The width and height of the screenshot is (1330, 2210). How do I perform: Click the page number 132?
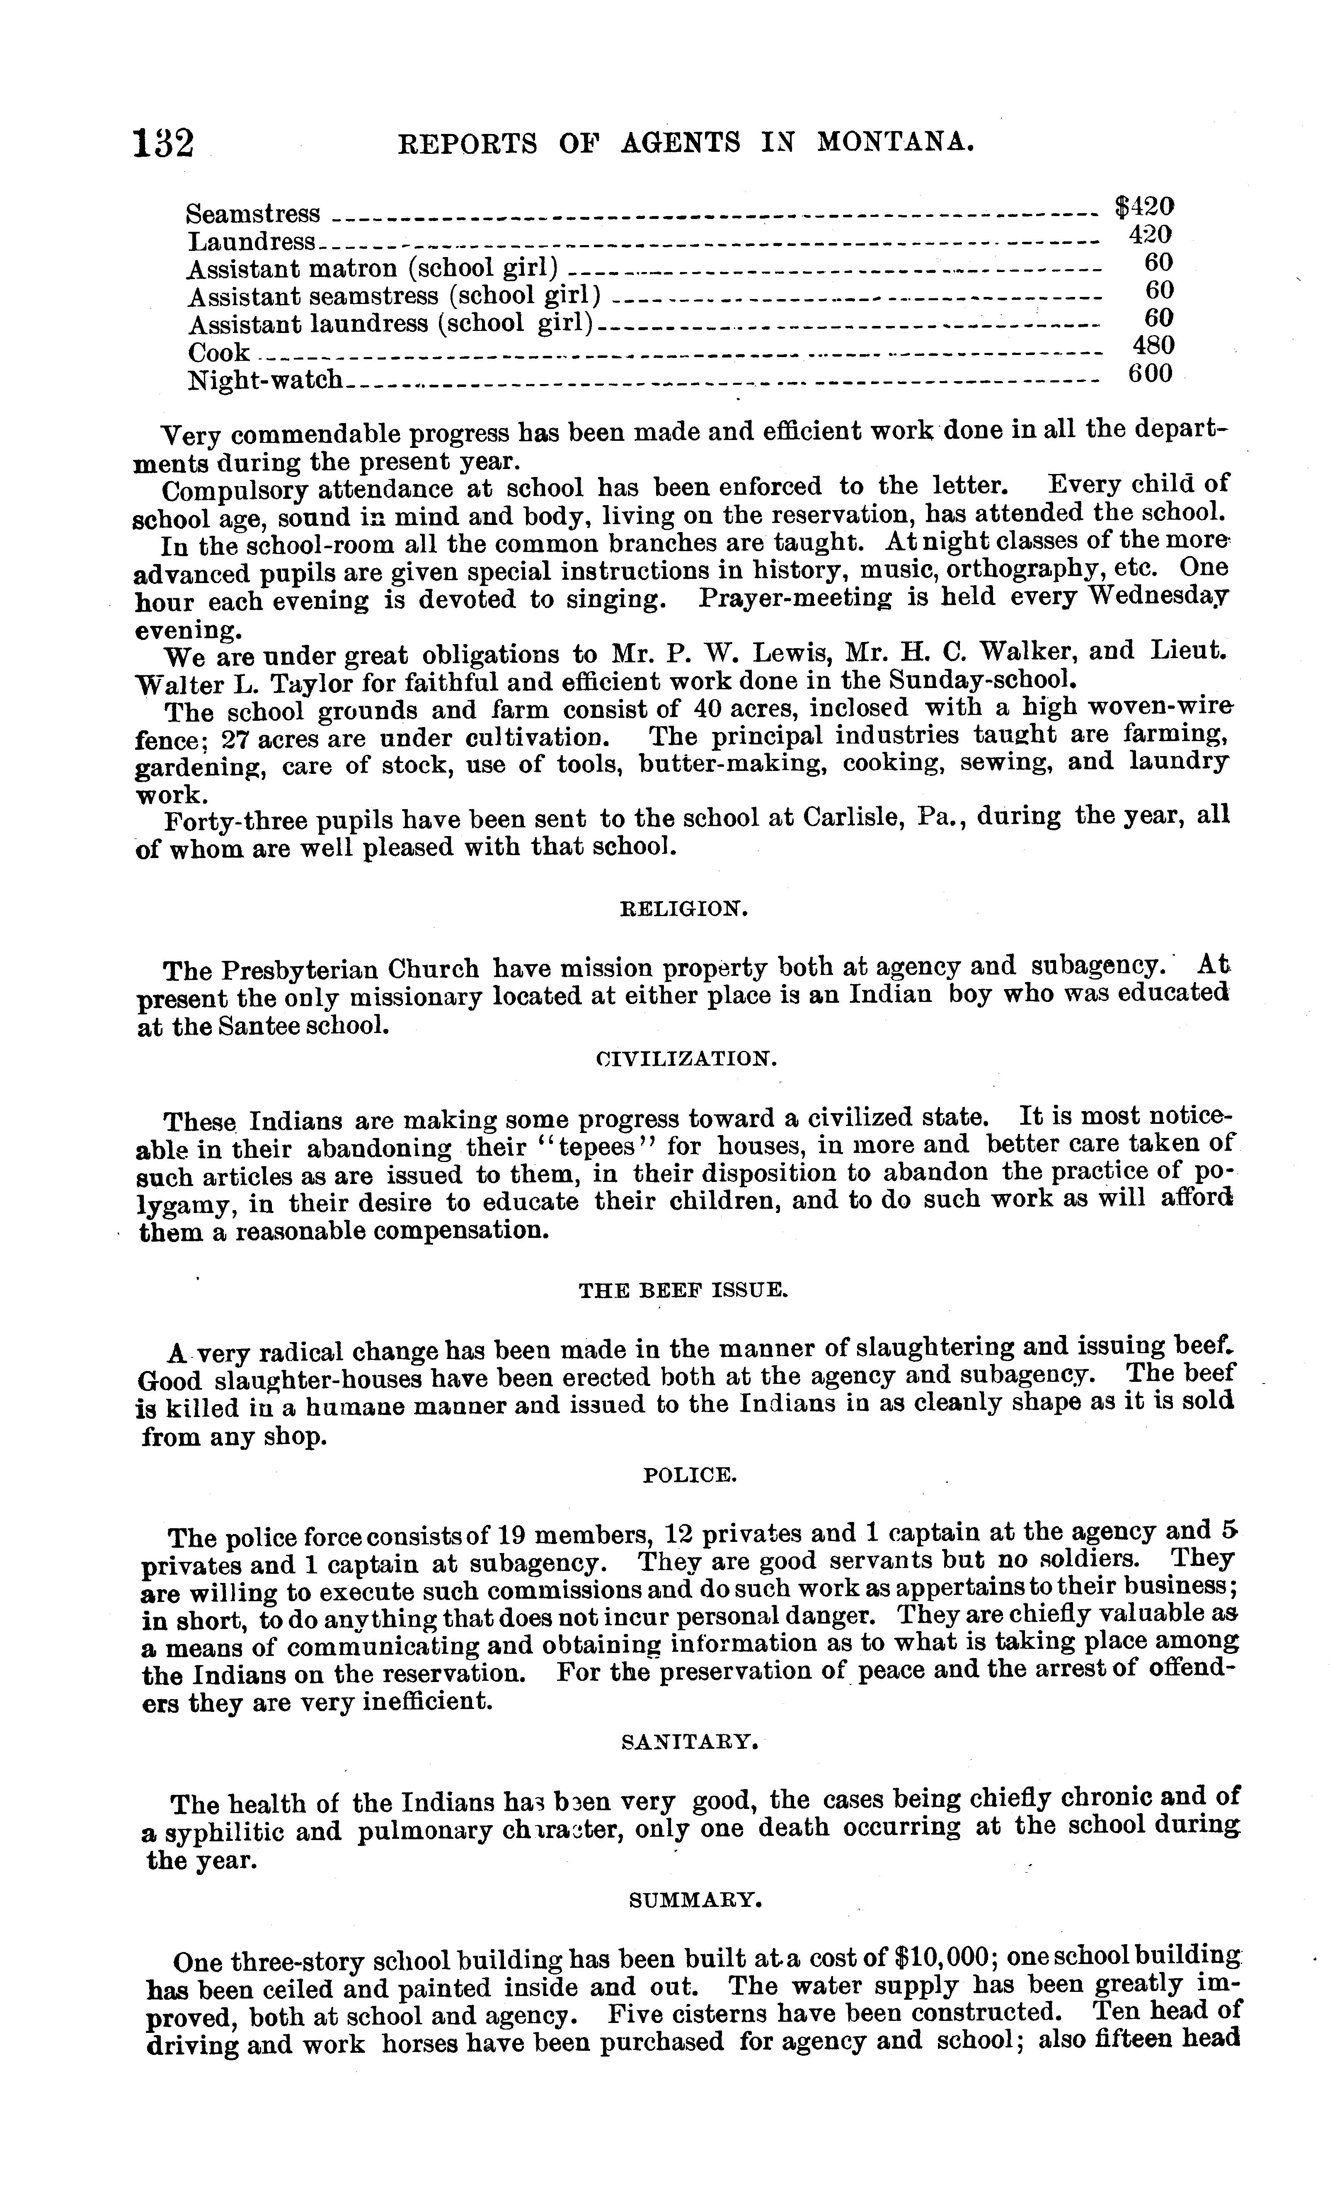[x=164, y=143]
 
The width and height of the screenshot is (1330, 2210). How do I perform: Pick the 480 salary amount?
[x=1150, y=346]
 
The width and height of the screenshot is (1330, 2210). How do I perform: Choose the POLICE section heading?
[x=690, y=1475]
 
